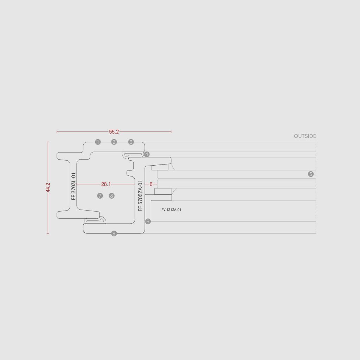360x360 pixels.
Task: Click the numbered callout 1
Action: point(98,142)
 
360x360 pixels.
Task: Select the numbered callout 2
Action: point(114,142)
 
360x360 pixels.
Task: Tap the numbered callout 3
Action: point(131,142)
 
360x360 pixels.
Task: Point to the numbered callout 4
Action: point(147,154)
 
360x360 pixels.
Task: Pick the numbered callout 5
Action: point(311,174)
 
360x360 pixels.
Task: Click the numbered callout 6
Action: point(148,221)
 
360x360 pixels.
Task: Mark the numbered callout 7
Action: point(100,196)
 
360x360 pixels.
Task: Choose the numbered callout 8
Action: point(111,196)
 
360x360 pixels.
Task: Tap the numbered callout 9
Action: point(114,234)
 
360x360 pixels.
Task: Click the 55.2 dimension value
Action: point(114,132)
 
